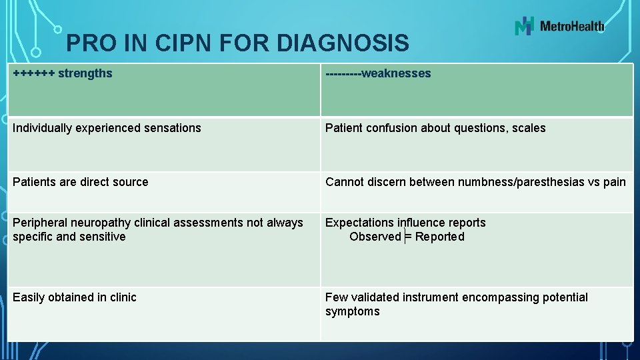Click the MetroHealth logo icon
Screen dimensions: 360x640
525,26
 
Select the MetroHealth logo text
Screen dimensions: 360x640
572,27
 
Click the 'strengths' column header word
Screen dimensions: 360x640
85,73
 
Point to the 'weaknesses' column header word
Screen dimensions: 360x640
396,73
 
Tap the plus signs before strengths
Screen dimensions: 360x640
33,73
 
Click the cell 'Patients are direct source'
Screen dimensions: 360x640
80,182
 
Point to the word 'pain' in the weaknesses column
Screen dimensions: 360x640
615,182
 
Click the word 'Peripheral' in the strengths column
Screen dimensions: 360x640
40,223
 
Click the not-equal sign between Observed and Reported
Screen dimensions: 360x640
407,237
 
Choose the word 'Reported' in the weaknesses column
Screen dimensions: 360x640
440,237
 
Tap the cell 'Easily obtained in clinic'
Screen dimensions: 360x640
74,297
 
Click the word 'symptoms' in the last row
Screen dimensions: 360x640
352,311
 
